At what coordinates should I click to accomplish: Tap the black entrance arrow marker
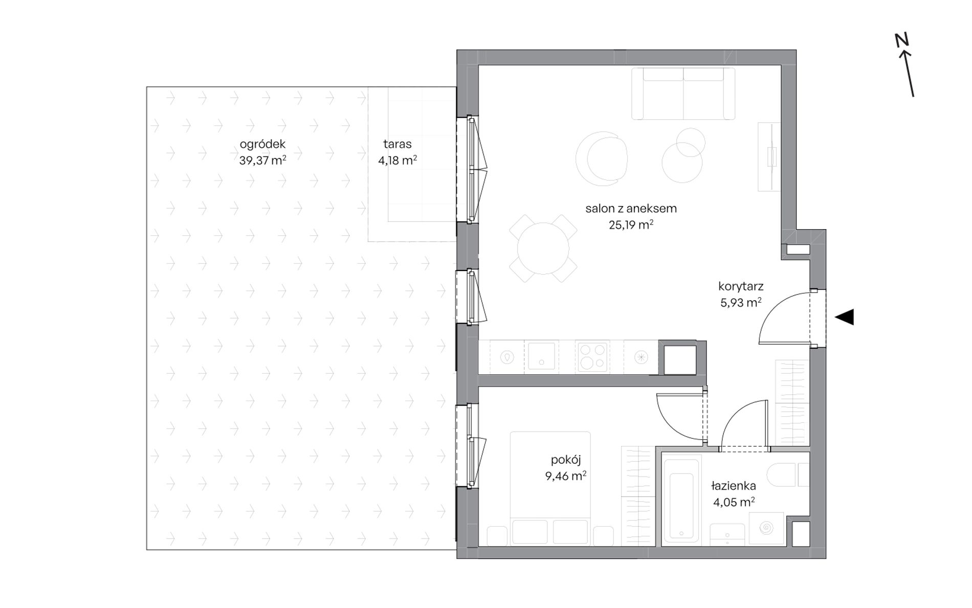click(x=845, y=317)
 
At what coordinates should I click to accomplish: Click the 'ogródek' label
click(x=262, y=145)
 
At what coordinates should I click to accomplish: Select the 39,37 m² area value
click(x=262, y=160)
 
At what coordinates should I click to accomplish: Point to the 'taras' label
click(x=397, y=144)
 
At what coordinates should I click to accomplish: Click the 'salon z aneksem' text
click(x=631, y=208)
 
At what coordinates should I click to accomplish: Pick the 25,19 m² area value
click(x=631, y=224)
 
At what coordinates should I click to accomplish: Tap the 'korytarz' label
click(x=741, y=286)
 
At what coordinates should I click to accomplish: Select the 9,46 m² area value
click(x=565, y=477)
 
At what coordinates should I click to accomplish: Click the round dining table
click(x=543, y=249)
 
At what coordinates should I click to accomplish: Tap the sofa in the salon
click(x=683, y=94)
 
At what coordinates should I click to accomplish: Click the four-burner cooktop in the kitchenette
click(x=592, y=356)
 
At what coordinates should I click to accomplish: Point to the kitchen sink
click(x=541, y=356)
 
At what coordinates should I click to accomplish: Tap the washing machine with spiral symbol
click(x=766, y=528)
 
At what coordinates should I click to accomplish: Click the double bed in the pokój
click(x=550, y=489)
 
